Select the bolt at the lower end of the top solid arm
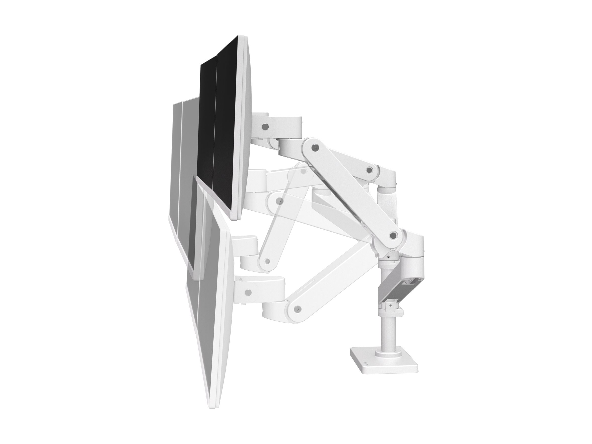[x=393, y=236]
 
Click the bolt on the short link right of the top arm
[x=370, y=169]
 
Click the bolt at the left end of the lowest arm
[x=296, y=309]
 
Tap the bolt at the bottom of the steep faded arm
[x=267, y=260]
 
